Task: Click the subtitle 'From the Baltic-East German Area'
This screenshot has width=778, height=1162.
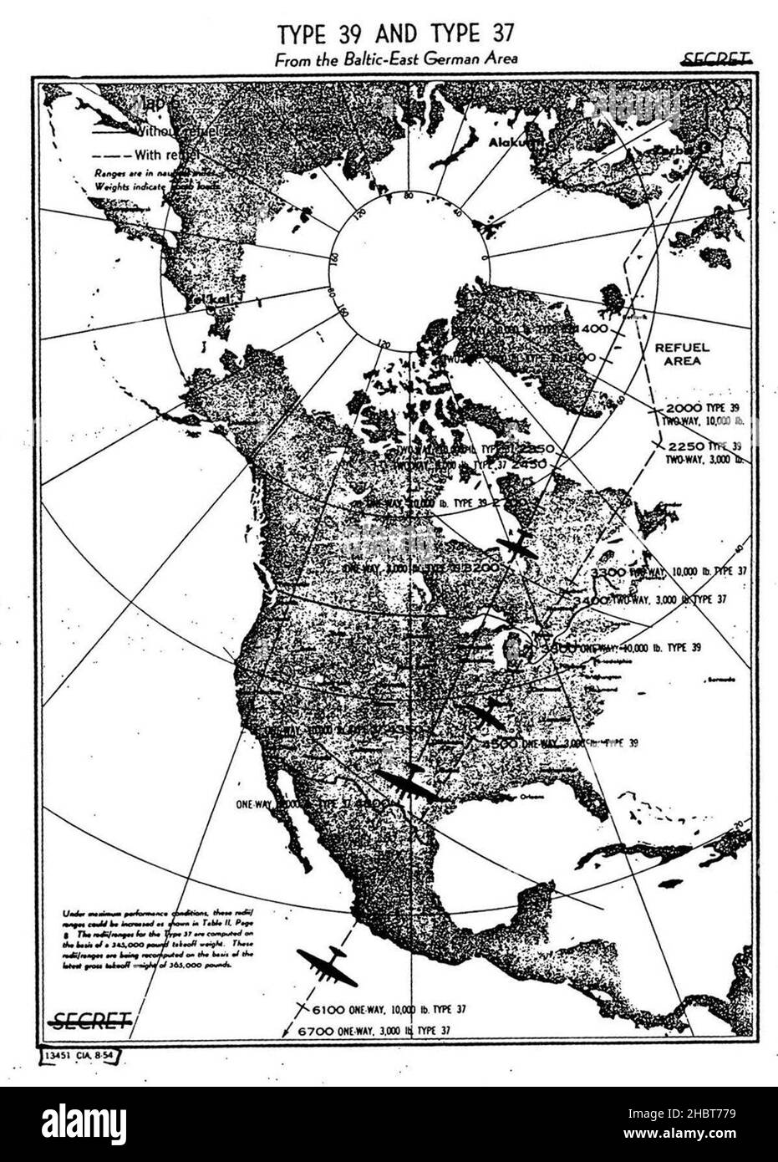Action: click(396, 59)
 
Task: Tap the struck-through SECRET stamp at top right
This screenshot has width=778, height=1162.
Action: click(715, 59)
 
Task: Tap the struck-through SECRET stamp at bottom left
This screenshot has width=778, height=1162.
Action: click(91, 1020)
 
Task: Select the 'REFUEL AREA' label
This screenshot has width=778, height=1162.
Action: click(681, 354)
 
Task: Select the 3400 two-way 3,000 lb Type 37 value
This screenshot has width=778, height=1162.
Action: click(591, 600)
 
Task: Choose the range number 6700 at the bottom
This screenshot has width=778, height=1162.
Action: click(317, 1032)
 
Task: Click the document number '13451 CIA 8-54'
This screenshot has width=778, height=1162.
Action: click(82, 1055)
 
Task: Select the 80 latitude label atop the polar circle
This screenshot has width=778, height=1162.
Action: click(409, 196)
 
